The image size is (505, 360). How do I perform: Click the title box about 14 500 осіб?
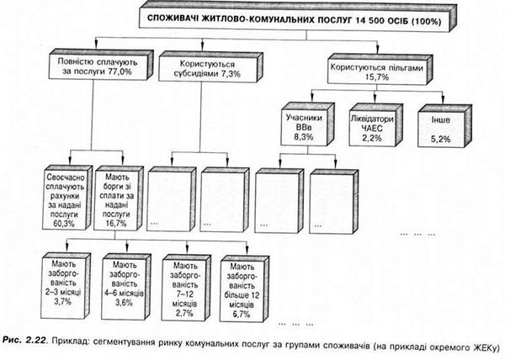click(x=298, y=18)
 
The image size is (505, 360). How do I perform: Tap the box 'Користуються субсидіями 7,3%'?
click(x=210, y=66)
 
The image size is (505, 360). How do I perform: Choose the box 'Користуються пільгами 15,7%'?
click(x=380, y=70)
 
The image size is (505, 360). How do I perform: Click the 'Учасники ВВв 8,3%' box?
click(x=307, y=124)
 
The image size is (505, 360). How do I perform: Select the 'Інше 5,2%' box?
click(x=444, y=126)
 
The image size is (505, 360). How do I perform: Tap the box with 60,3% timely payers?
click(x=67, y=198)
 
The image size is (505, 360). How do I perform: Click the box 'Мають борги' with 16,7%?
click(x=118, y=199)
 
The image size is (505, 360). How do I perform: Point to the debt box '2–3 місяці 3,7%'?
click(x=66, y=286)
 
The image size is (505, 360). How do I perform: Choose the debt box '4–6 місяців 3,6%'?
click(x=126, y=287)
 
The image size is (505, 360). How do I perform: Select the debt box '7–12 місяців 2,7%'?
click(x=187, y=289)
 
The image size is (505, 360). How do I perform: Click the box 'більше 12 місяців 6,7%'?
click(x=244, y=289)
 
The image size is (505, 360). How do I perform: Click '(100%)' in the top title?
click(x=426, y=21)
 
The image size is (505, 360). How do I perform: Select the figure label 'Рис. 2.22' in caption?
click(x=24, y=341)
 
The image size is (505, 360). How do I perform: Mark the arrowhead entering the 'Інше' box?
click(x=443, y=101)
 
